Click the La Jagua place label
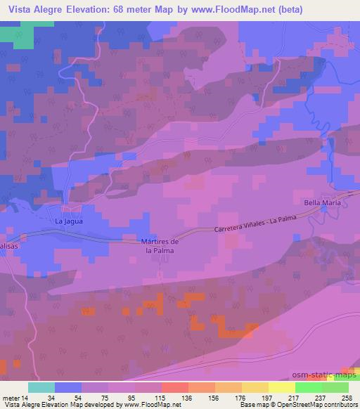click(x=70, y=221)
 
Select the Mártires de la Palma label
click(x=160, y=246)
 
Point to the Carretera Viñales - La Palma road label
click(x=257, y=225)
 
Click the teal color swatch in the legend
click(x=41, y=387)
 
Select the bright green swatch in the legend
click(x=308, y=387)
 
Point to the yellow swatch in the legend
click(x=281, y=387)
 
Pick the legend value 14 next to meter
click(x=27, y=396)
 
